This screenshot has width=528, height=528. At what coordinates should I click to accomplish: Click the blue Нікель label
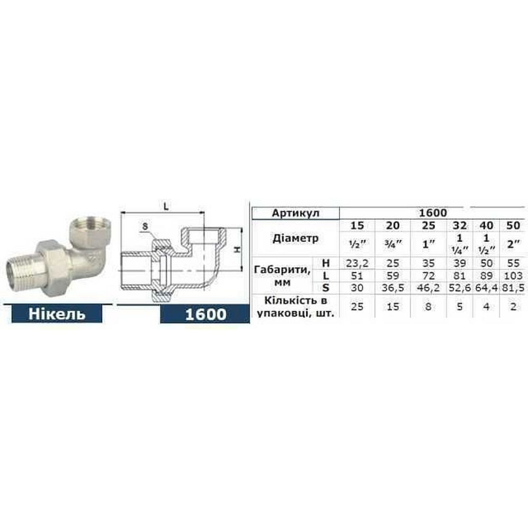coord(56,314)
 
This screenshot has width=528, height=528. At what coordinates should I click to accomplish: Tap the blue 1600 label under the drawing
coord(205,315)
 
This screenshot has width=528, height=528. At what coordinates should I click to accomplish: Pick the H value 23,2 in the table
coord(357,263)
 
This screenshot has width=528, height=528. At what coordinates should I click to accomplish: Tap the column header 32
coord(459,225)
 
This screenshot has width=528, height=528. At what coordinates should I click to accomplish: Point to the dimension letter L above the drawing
coord(165,208)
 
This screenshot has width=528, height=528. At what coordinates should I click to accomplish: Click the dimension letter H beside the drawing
coord(238,249)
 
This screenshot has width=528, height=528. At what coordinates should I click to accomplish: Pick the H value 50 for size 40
coord(486,263)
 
